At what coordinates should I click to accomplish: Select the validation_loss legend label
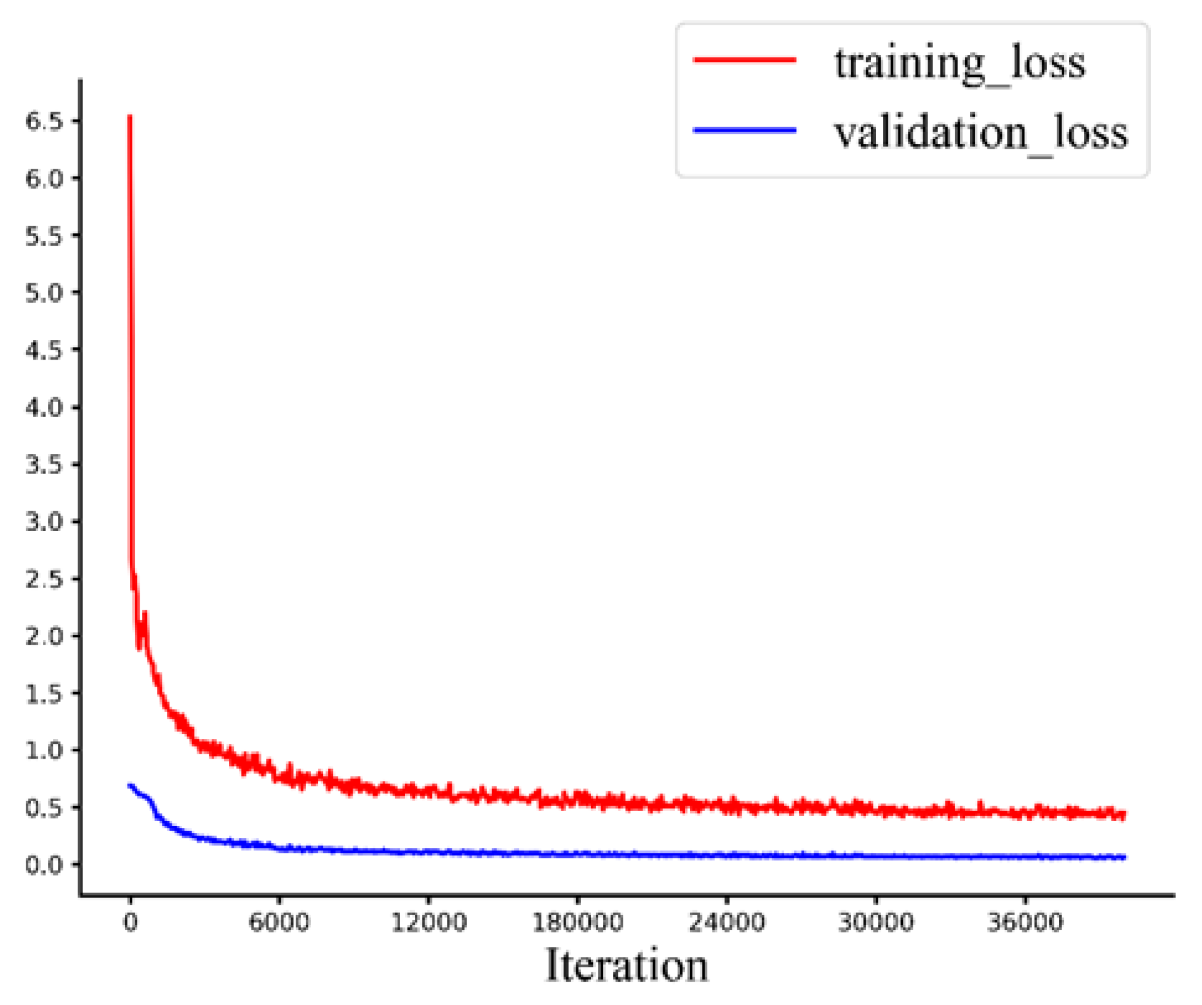pos(980,132)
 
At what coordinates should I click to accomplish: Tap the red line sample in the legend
pos(745,60)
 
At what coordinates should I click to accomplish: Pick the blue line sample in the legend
pos(745,130)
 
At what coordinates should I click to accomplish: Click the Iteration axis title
pos(627,966)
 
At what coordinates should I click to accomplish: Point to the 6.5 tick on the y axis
pos(44,121)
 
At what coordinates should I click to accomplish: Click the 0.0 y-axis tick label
pos(44,865)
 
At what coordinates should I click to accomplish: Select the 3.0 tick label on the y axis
pos(44,522)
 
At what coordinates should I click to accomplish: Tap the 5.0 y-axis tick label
pos(44,293)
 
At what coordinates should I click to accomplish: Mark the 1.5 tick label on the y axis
pos(44,693)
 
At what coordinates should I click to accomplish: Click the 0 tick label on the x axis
pos(130,922)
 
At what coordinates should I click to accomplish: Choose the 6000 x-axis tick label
pos(279,922)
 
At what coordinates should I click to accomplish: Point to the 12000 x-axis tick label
pos(429,922)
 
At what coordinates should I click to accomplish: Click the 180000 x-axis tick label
pos(577,922)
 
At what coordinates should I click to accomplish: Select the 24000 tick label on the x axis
pos(727,922)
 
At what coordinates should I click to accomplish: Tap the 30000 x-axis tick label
pos(876,922)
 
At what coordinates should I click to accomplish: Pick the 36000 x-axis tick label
pos(1025,922)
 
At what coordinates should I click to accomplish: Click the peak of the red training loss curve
pos(130,116)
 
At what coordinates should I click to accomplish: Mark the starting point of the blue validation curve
pos(129,785)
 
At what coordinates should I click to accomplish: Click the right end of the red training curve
pos(1124,815)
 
